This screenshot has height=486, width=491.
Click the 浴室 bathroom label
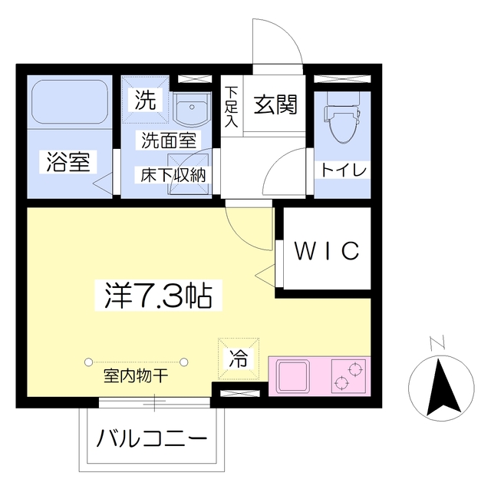(x=68, y=162)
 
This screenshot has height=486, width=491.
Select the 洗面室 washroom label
(x=167, y=140)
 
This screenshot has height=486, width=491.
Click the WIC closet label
(x=328, y=250)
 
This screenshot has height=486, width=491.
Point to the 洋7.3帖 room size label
(x=158, y=294)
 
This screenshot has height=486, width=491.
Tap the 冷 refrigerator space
(x=239, y=358)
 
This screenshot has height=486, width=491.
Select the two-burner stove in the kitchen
(x=348, y=375)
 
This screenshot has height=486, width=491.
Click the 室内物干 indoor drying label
(x=136, y=377)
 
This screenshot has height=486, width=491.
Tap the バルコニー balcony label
(x=152, y=441)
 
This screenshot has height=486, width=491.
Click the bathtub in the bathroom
(x=68, y=104)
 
